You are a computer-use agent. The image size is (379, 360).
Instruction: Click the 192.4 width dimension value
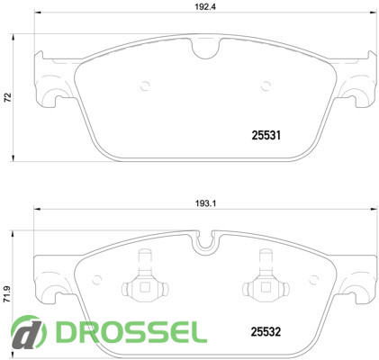(205, 7)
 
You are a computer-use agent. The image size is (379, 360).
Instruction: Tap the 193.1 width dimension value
(206, 203)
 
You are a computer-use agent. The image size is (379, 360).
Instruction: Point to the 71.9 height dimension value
(7, 294)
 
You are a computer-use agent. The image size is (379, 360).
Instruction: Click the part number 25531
(266, 136)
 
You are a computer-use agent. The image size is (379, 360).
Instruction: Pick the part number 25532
(266, 331)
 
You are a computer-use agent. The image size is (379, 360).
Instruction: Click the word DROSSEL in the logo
(131, 332)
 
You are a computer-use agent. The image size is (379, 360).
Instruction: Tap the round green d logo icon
(29, 332)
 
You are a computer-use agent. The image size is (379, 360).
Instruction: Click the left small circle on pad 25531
(145, 86)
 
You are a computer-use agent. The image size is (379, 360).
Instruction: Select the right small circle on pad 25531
(266, 86)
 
